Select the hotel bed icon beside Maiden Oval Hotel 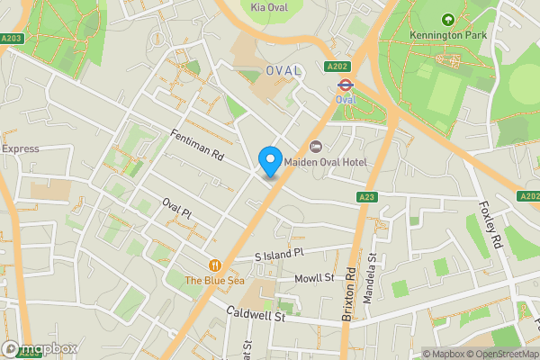click(315, 147)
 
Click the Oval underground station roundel click(344, 85)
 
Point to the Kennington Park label click(447, 34)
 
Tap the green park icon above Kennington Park click(447, 19)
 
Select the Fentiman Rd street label click(196, 145)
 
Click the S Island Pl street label click(281, 256)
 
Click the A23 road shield click(366, 197)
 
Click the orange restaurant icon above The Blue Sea click(214, 265)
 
